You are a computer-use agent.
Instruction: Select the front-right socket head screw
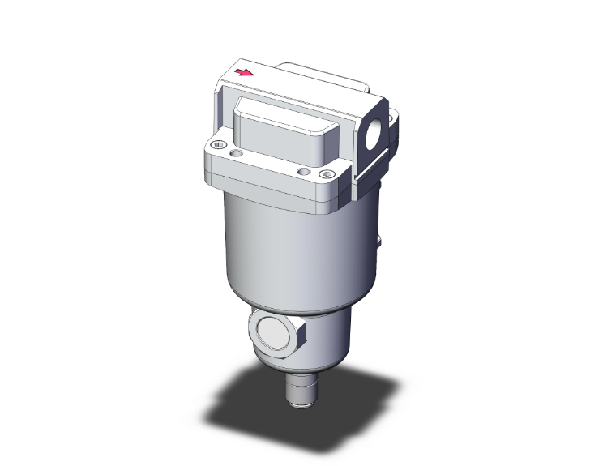click(327, 173)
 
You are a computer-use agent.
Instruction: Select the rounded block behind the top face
click(324, 77)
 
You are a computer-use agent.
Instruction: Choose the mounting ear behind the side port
click(395, 122)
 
